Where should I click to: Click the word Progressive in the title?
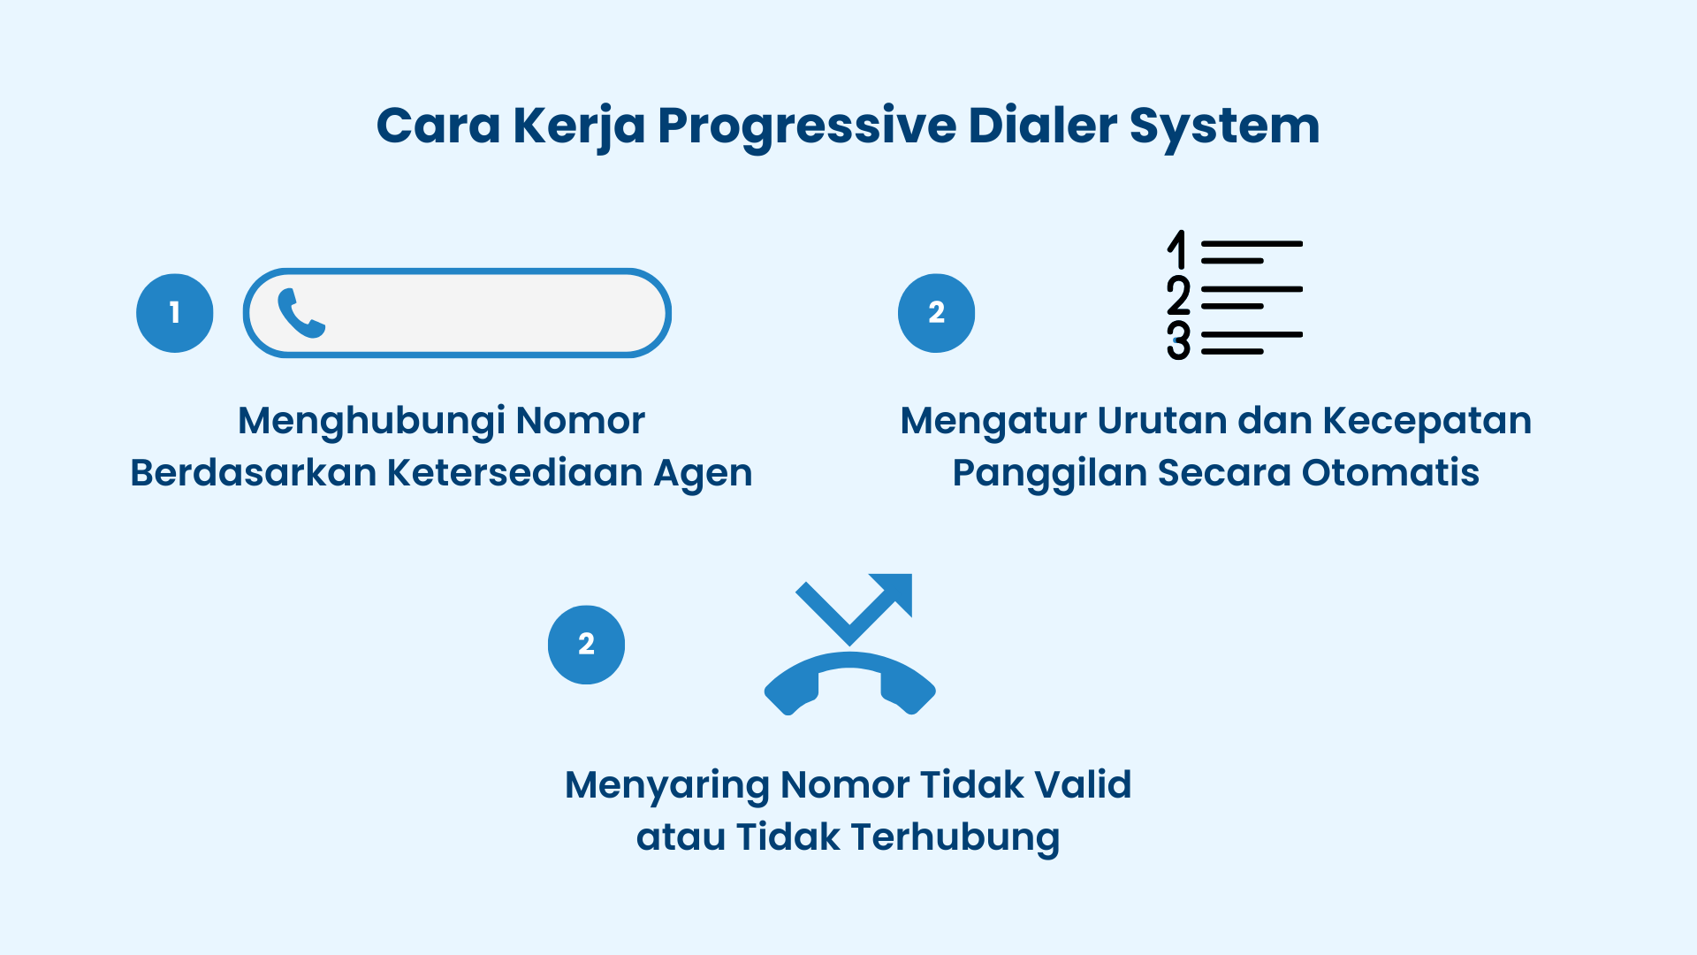pos(806,126)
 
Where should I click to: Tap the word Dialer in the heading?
pos(1043,125)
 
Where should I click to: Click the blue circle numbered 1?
pos(175,313)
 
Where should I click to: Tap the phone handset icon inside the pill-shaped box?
pos(301,313)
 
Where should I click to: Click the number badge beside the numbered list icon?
pos(936,313)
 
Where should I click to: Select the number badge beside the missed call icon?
pos(586,645)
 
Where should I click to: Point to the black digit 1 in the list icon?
pos(1176,250)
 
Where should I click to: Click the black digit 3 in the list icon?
pos(1178,340)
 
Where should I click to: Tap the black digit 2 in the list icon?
pos(1178,295)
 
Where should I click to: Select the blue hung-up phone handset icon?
pos(849,685)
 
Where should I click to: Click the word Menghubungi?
pos(371,421)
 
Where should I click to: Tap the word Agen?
pos(703,474)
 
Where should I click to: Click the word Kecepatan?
pos(1427,421)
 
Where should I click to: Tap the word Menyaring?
pos(666,786)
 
